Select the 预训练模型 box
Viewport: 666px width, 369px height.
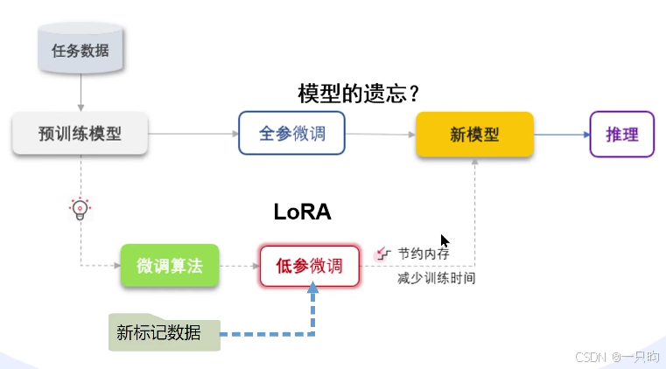point(80,134)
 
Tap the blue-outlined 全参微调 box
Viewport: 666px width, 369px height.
point(291,134)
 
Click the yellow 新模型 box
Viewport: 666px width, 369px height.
point(474,135)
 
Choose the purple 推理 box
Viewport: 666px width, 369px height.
point(622,135)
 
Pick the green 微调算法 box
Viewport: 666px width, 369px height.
point(170,266)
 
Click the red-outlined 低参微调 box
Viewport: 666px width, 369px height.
point(310,266)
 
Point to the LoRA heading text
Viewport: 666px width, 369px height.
point(303,212)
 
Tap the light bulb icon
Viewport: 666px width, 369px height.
point(81,209)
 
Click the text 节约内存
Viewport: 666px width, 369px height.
point(424,254)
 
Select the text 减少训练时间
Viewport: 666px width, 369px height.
point(436,279)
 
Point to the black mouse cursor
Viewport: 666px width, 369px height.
point(445,241)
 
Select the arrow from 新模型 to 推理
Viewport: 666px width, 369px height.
point(561,135)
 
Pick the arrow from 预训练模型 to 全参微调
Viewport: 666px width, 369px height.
point(193,134)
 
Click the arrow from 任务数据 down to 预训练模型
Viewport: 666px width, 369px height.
point(81,92)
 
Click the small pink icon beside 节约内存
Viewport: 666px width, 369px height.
point(382,254)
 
